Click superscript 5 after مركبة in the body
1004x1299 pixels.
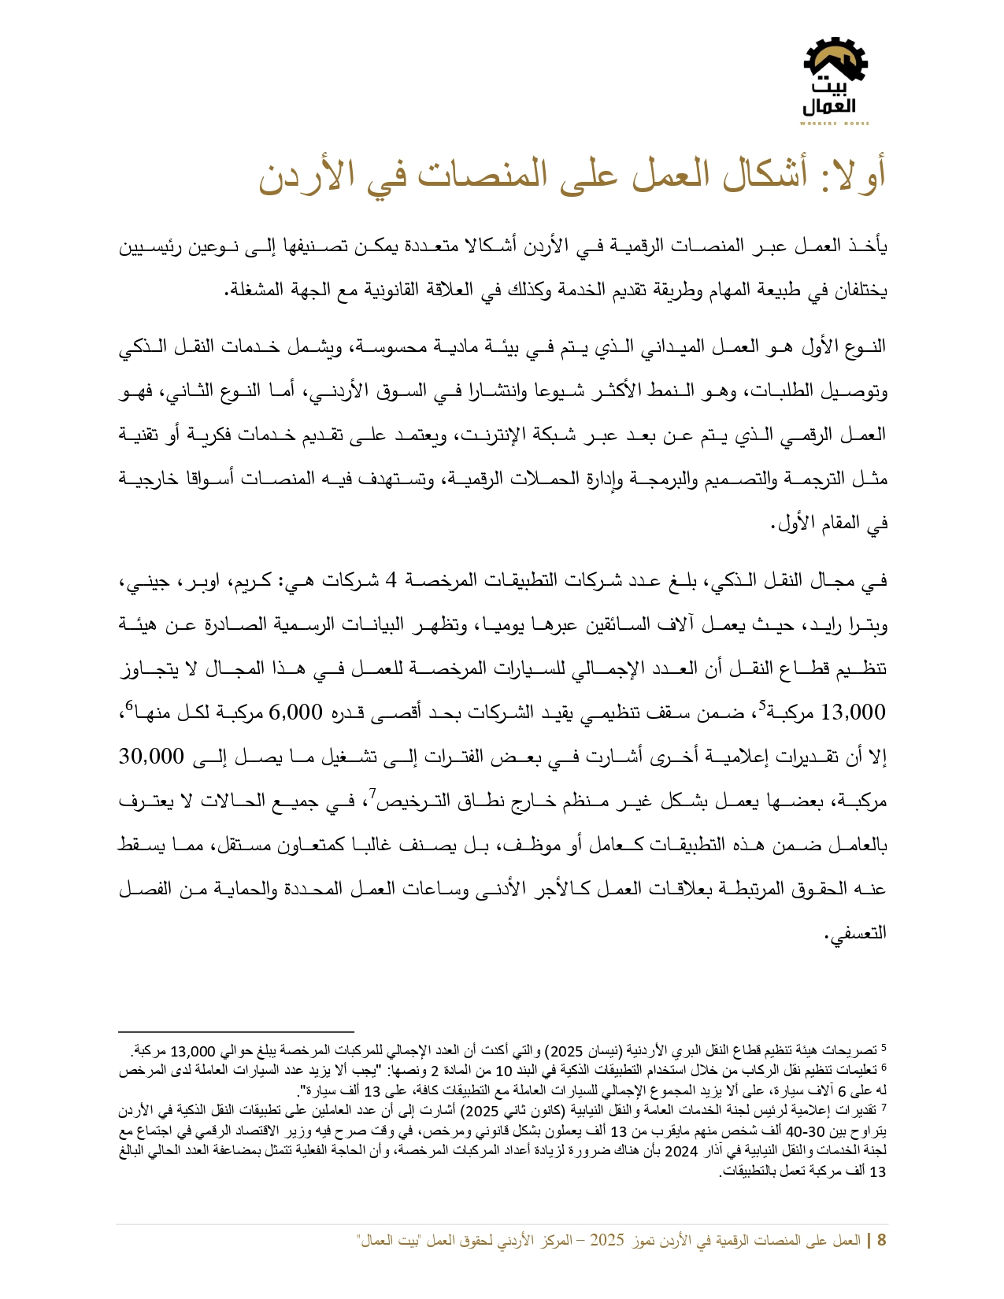761,705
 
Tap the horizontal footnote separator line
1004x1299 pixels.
236,1031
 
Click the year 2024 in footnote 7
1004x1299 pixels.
681,1152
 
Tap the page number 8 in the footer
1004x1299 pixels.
881,1241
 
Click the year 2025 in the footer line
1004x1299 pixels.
607,1241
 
